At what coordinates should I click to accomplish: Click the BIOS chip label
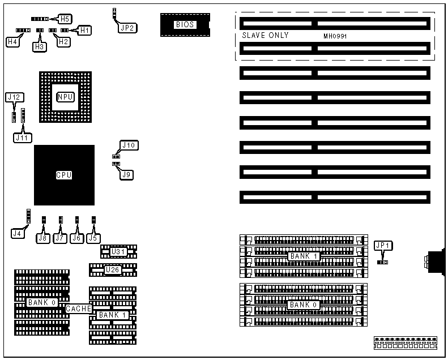[185, 24]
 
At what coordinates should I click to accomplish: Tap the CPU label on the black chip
[63, 175]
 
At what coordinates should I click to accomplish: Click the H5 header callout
[65, 19]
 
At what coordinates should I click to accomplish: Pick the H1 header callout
[84, 29]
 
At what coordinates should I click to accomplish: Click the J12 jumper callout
[14, 97]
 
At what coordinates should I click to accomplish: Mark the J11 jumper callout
[22, 137]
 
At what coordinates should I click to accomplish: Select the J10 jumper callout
[129, 145]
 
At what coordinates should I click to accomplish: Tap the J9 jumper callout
[127, 175]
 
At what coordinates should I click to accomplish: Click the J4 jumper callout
[18, 232]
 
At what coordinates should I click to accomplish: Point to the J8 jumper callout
[43, 238]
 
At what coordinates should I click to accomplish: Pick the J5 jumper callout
[93, 238]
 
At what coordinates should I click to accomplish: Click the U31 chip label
[118, 251]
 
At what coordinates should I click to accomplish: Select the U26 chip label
[113, 269]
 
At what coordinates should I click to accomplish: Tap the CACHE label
[78, 309]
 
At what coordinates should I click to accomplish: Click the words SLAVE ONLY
[265, 36]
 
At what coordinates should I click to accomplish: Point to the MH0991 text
[334, 36]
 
